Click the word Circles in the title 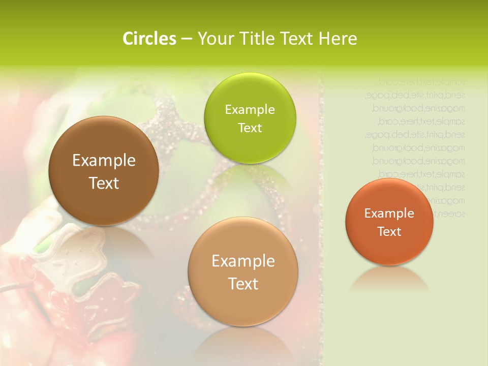[x=149, y=39]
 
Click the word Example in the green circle [x=250, y=109]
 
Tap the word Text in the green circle [x=250, y=128]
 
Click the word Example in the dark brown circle [x=104, y=161]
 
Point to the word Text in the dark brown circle [x=104, y=183]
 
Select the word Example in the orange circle [x=389, y=213]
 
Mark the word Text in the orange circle [x=389, y=231]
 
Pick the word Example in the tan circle [x=243, y=261]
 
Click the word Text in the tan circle [x=243, y=284]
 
